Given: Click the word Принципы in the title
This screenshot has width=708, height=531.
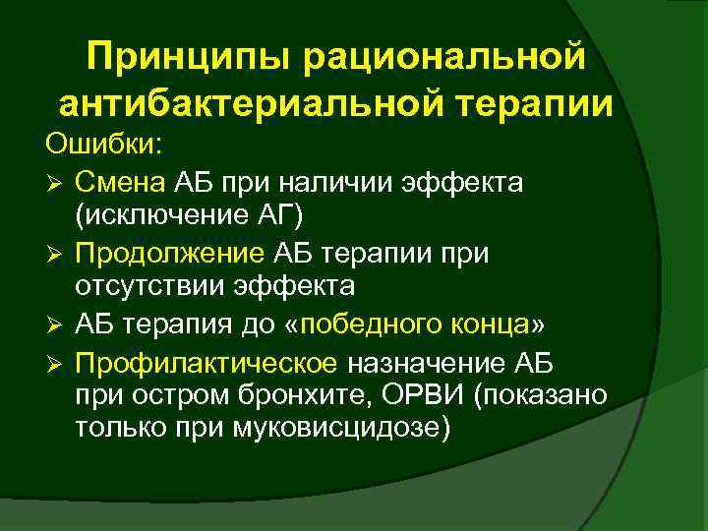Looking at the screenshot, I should (x=189, y=56).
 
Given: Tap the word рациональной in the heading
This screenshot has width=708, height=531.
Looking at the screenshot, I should (x=445, y=56).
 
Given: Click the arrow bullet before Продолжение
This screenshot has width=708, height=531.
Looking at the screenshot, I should (x=55, y=255).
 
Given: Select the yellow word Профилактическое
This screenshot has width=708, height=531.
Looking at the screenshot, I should (x=206, y=362).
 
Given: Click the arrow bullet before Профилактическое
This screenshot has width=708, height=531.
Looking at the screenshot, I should (x=55, y=363).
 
